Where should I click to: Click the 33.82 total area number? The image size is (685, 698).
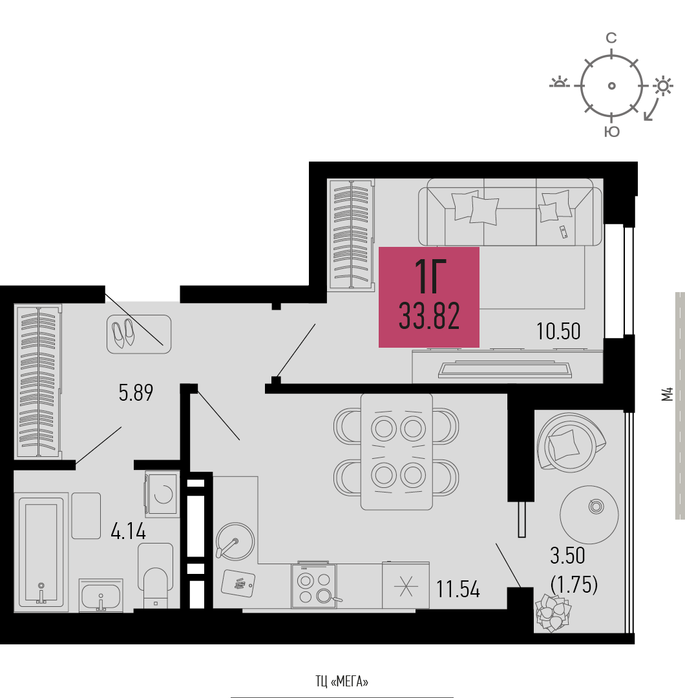429,316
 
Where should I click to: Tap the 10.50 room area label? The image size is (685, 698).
558,332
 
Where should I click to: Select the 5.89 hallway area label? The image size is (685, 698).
136,393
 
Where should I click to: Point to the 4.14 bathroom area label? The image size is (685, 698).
128,531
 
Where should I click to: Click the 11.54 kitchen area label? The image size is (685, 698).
458,589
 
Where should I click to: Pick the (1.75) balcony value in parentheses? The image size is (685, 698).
574,584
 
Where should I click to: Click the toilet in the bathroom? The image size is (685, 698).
155,575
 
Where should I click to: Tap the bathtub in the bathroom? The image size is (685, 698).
41,552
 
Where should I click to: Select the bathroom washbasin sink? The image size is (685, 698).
101,595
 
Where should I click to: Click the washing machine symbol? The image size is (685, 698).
162,494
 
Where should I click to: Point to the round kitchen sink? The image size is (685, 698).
235,541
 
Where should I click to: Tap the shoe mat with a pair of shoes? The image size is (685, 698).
139,334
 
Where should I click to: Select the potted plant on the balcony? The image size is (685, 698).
553,613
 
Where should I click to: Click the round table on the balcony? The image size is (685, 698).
589,514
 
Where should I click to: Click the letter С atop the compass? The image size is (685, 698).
611,38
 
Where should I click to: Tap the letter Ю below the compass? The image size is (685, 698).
612,131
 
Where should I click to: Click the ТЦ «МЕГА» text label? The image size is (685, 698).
342,681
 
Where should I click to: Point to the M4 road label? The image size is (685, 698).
667,394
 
